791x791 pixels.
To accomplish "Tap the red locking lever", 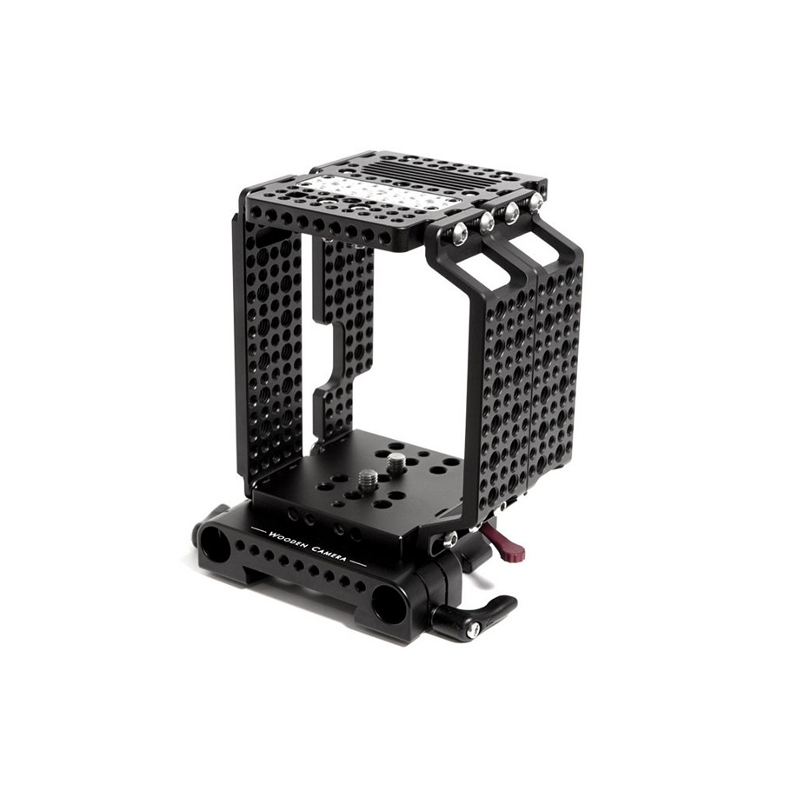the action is [x=505, y=542].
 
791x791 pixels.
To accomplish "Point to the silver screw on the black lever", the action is [x=475, y=628].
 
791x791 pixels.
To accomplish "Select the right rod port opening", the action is [x=388, y=603].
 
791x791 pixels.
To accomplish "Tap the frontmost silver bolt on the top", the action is [x=459, y=234].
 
